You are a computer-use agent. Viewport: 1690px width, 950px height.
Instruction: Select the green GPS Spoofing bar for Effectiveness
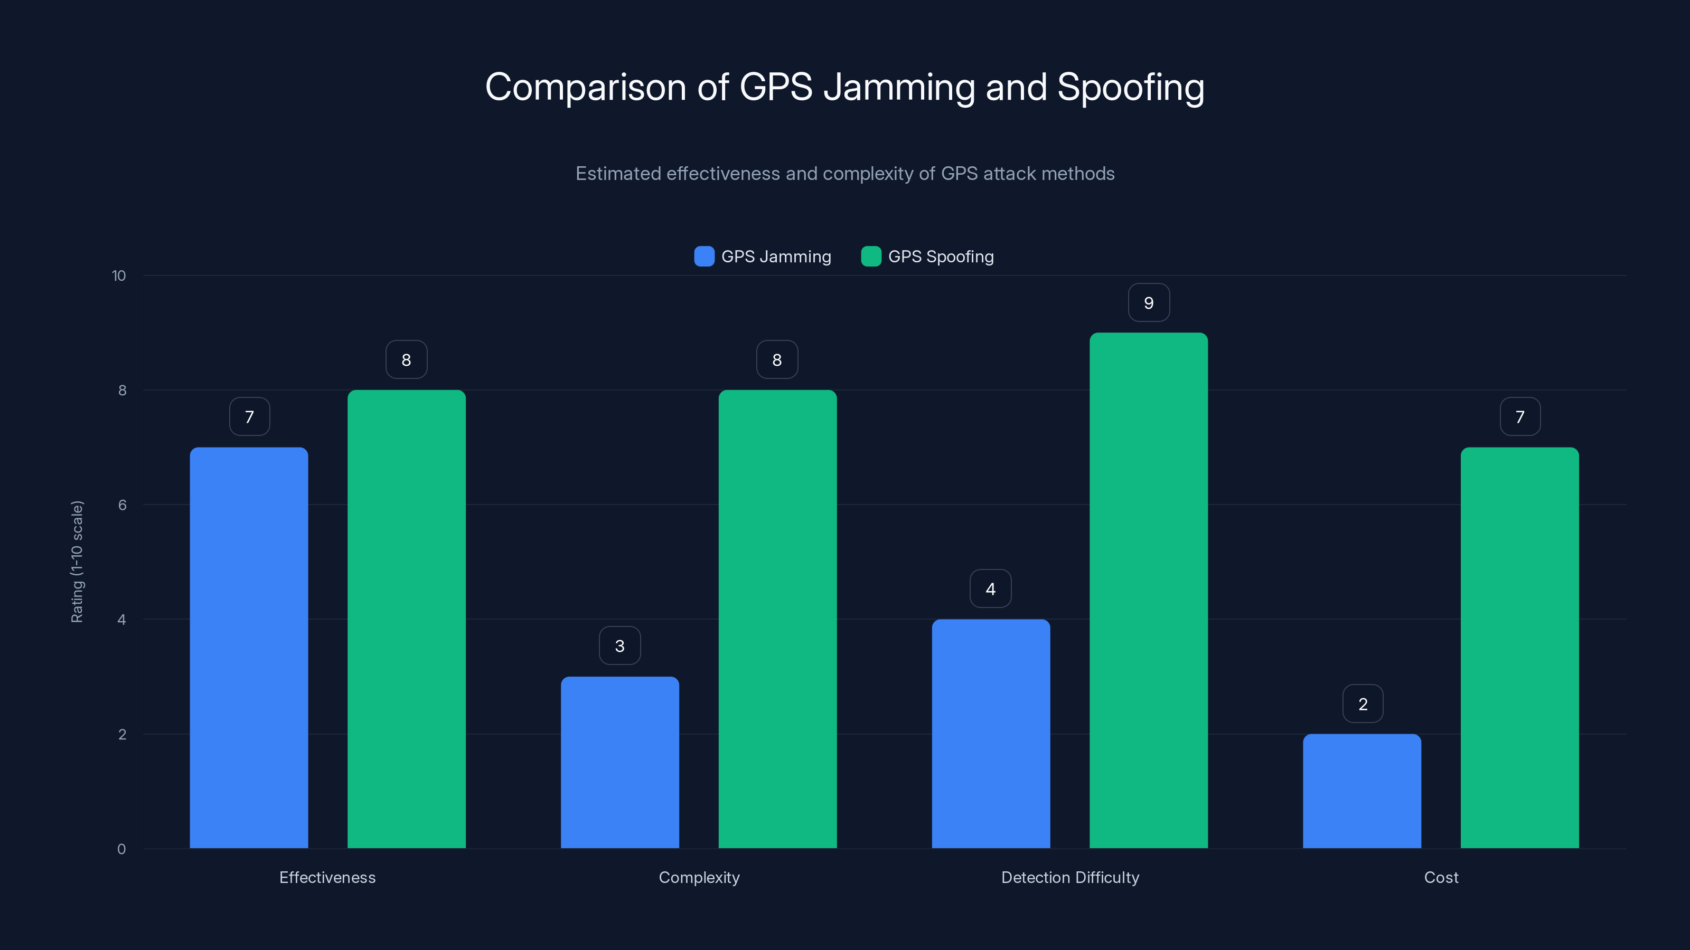pyautogui.click(x=406, y=619)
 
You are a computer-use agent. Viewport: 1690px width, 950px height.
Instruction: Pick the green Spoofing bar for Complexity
pyautogui.click(x=777, y=619)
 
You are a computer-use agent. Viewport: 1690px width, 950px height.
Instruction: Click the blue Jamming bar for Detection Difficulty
pyautogui.click(x=991, y=734)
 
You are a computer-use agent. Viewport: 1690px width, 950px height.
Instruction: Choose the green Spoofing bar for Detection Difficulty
pyautogui.click(x=1148, y=590)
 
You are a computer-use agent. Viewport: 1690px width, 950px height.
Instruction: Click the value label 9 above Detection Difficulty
pyautogui.click(x=1149, y=303)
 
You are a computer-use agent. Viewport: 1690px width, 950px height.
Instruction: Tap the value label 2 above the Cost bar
pyautogui.click(x=1363, y=704)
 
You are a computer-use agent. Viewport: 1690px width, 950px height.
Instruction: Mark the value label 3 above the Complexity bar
pyautogui.click(x=619, y=646)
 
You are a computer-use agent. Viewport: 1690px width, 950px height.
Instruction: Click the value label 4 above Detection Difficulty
pyautogui.click(x=991, y=589)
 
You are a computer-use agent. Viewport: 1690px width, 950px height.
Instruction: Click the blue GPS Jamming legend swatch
pyautogui.click(x=704, y=256)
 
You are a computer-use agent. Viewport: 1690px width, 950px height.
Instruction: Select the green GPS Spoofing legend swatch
pyautogui.click(x=870, y=256)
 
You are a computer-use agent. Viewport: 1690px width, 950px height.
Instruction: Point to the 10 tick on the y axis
pyautogui.click(x=119, y=276)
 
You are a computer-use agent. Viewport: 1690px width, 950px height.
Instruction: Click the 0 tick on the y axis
pyautogui.click(x=121, y=849)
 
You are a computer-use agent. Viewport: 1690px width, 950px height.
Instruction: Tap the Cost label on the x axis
pyautogui.click(x=1441, y=877)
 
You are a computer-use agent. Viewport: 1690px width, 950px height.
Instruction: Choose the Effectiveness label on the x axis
pyautogui.click(x=327, y=877)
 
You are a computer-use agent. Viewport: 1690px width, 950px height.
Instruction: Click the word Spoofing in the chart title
pyautogui.click(x=1130, y=87)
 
